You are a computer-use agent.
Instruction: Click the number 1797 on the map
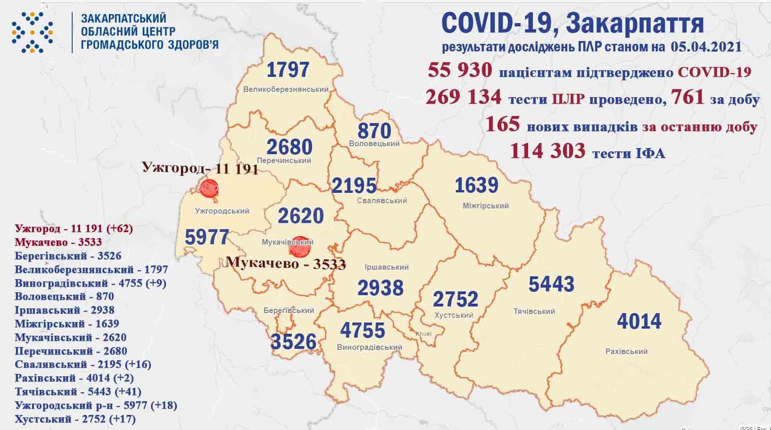pos(288,70)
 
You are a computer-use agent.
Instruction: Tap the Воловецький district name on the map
pos(374,143)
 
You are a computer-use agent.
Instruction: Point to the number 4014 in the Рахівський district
pos(639,322)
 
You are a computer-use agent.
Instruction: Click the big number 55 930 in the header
pos(460,71)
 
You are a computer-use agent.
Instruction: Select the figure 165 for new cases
pos(502,124)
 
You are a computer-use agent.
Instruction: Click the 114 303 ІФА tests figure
pos(547,151)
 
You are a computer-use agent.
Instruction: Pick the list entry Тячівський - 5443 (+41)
pos(78,391)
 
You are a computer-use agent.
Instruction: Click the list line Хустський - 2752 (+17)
pos(75,419)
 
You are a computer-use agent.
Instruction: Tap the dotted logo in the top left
pos(32,32)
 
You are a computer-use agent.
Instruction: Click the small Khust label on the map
pos(423,334)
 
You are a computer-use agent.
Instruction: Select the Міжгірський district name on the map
pos(485,206)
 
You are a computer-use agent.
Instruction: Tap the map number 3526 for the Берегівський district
pos(293,341)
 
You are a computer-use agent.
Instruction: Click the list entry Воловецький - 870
pos(64,297)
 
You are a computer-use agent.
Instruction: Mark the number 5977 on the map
pos(207,237)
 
